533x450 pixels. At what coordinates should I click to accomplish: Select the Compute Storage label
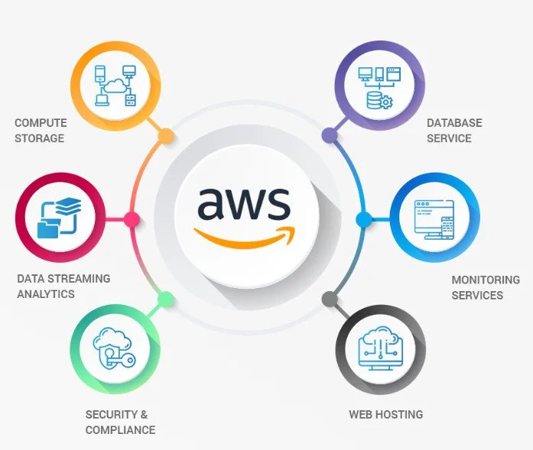tap(41, 131)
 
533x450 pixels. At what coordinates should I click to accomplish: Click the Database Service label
tap(454, 131)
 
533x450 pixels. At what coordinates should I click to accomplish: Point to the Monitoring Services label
tap(485, 287)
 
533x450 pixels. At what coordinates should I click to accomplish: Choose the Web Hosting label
tap(385, 415)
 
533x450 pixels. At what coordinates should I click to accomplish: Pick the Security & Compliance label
tap(120, 422)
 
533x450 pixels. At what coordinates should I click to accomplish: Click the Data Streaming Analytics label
tap(63, 286)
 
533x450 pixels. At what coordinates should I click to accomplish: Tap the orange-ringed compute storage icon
tap(115, 86)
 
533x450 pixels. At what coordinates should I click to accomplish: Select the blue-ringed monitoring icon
tap(434, 217)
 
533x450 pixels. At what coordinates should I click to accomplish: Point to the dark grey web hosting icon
tap(380, 348)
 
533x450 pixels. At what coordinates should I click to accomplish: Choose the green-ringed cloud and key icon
tap(115, 348)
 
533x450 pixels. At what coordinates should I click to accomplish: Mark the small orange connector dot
tap(165, 136)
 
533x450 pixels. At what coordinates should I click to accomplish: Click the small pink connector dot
tap(132, 220)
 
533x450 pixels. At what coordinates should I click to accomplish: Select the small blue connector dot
tap(364, 220)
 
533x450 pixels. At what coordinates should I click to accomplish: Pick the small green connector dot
tap(166, 299)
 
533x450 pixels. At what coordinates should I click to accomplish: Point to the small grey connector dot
tap(329, 299)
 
